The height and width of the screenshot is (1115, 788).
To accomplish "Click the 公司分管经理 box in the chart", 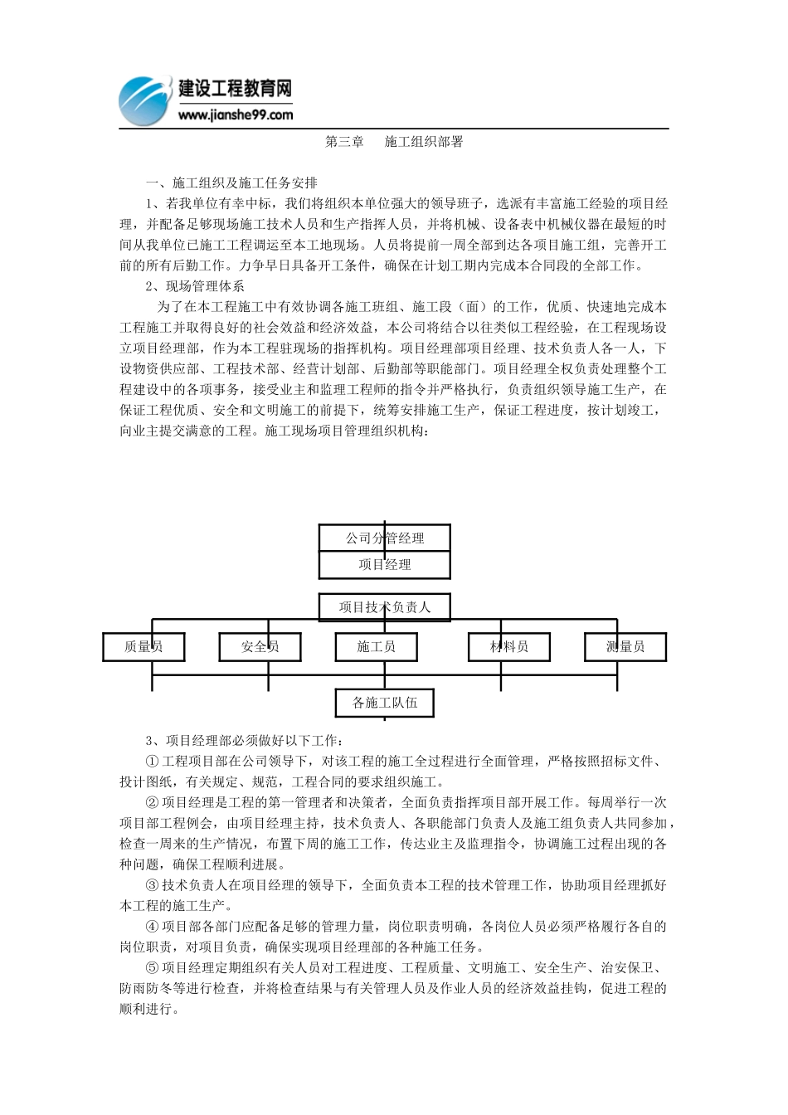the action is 385,538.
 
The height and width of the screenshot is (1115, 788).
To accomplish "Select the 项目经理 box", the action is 385,565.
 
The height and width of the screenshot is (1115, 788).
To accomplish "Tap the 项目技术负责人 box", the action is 385,607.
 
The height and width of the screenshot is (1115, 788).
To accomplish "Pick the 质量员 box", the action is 143,647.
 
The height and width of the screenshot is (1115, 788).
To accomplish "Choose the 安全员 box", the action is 260,647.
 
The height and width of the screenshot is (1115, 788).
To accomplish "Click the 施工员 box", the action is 376,647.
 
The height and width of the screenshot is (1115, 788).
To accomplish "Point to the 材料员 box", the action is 509,647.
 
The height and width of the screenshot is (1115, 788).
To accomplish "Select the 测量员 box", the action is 625,647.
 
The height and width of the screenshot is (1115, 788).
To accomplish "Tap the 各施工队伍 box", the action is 385,704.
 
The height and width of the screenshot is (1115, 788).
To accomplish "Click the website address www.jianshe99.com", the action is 235,115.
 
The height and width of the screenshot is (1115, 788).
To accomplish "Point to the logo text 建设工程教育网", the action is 236,89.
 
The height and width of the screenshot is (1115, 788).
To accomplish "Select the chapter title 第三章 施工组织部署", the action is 394,142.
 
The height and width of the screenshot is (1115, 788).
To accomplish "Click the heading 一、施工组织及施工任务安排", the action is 231,183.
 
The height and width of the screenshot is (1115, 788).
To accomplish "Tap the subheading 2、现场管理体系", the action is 195,286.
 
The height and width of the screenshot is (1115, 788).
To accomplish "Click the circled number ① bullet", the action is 152,762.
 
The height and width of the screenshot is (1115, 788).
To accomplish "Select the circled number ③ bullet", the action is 152,886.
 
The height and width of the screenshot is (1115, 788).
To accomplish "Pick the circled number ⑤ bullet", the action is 152,968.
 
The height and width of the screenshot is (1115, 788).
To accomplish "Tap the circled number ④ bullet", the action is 152,927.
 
